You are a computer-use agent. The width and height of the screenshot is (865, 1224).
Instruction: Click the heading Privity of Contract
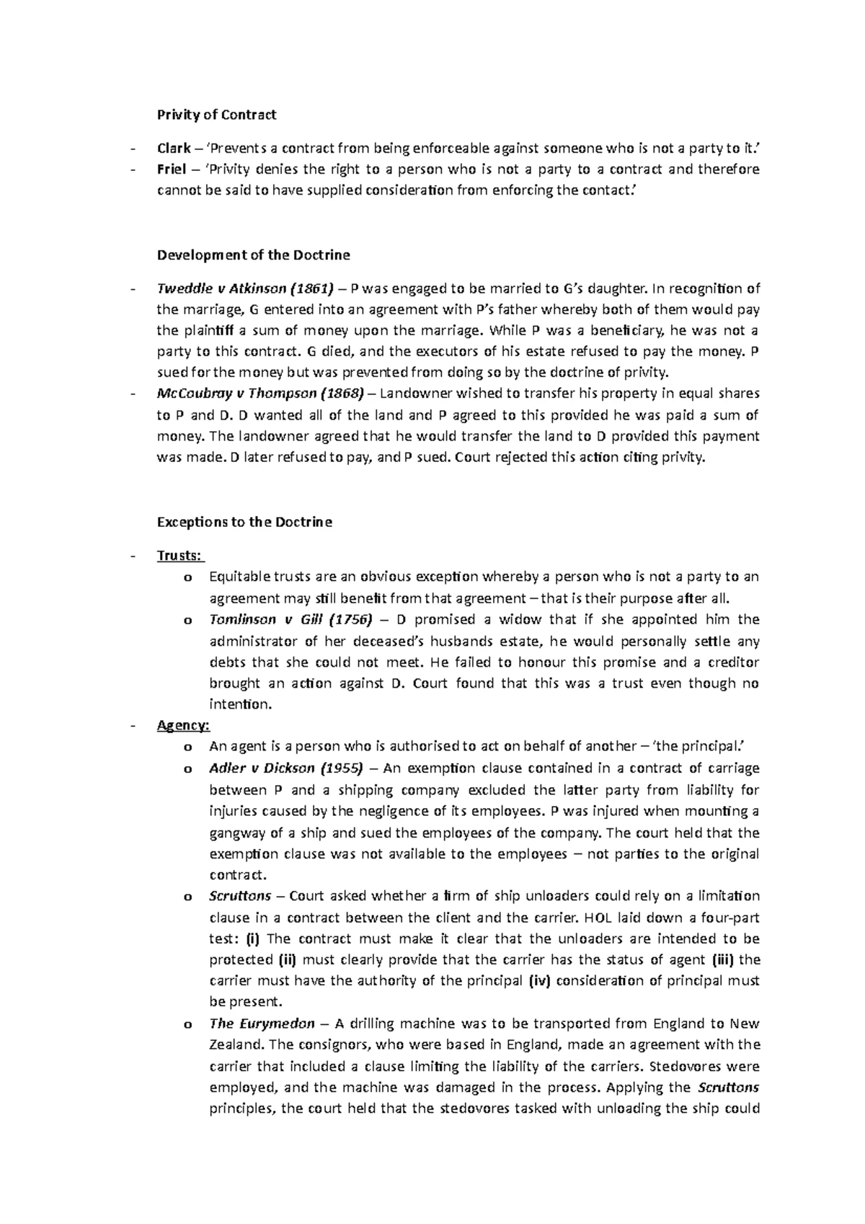[216, 115]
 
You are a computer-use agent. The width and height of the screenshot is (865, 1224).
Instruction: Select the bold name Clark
[174, 148]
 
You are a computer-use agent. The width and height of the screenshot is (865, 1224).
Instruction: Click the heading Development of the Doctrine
[253, 255]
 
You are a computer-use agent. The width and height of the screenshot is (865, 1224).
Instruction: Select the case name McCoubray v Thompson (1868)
[261, 394]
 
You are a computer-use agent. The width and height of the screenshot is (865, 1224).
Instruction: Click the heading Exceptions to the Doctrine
[244, 522]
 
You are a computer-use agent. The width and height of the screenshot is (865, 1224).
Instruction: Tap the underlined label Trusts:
[180, 556]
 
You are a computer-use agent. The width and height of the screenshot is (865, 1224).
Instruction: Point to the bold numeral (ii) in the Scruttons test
[286, 960]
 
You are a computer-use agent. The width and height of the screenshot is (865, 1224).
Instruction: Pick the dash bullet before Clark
[131, 149]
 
